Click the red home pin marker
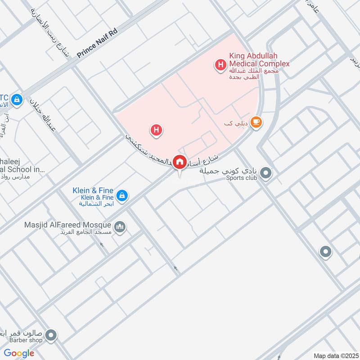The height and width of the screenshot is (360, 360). [x=180, y=162]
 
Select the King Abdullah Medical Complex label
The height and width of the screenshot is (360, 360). [x=259, y=59]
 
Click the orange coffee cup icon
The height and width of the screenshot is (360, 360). [x=256, y=122]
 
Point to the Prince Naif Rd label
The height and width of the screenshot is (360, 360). [x=97, y=47]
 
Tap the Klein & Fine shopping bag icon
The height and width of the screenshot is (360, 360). [x=121, y=196]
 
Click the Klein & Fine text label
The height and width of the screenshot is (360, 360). [x=93, y=191]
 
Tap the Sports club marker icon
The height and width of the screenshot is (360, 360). [x=266, y=173]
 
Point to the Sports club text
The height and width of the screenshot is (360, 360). [x=241, y=178]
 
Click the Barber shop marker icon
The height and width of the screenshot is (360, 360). [x=52, y=335]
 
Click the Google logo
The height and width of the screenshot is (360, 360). [x=19, y=353]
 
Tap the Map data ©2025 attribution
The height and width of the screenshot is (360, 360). [x=335, y=355]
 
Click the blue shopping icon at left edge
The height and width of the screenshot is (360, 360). [x=17, y=99]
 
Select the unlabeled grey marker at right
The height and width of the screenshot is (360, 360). [x=325, y=252]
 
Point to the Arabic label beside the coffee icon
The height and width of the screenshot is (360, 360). [x=236, y=123]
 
